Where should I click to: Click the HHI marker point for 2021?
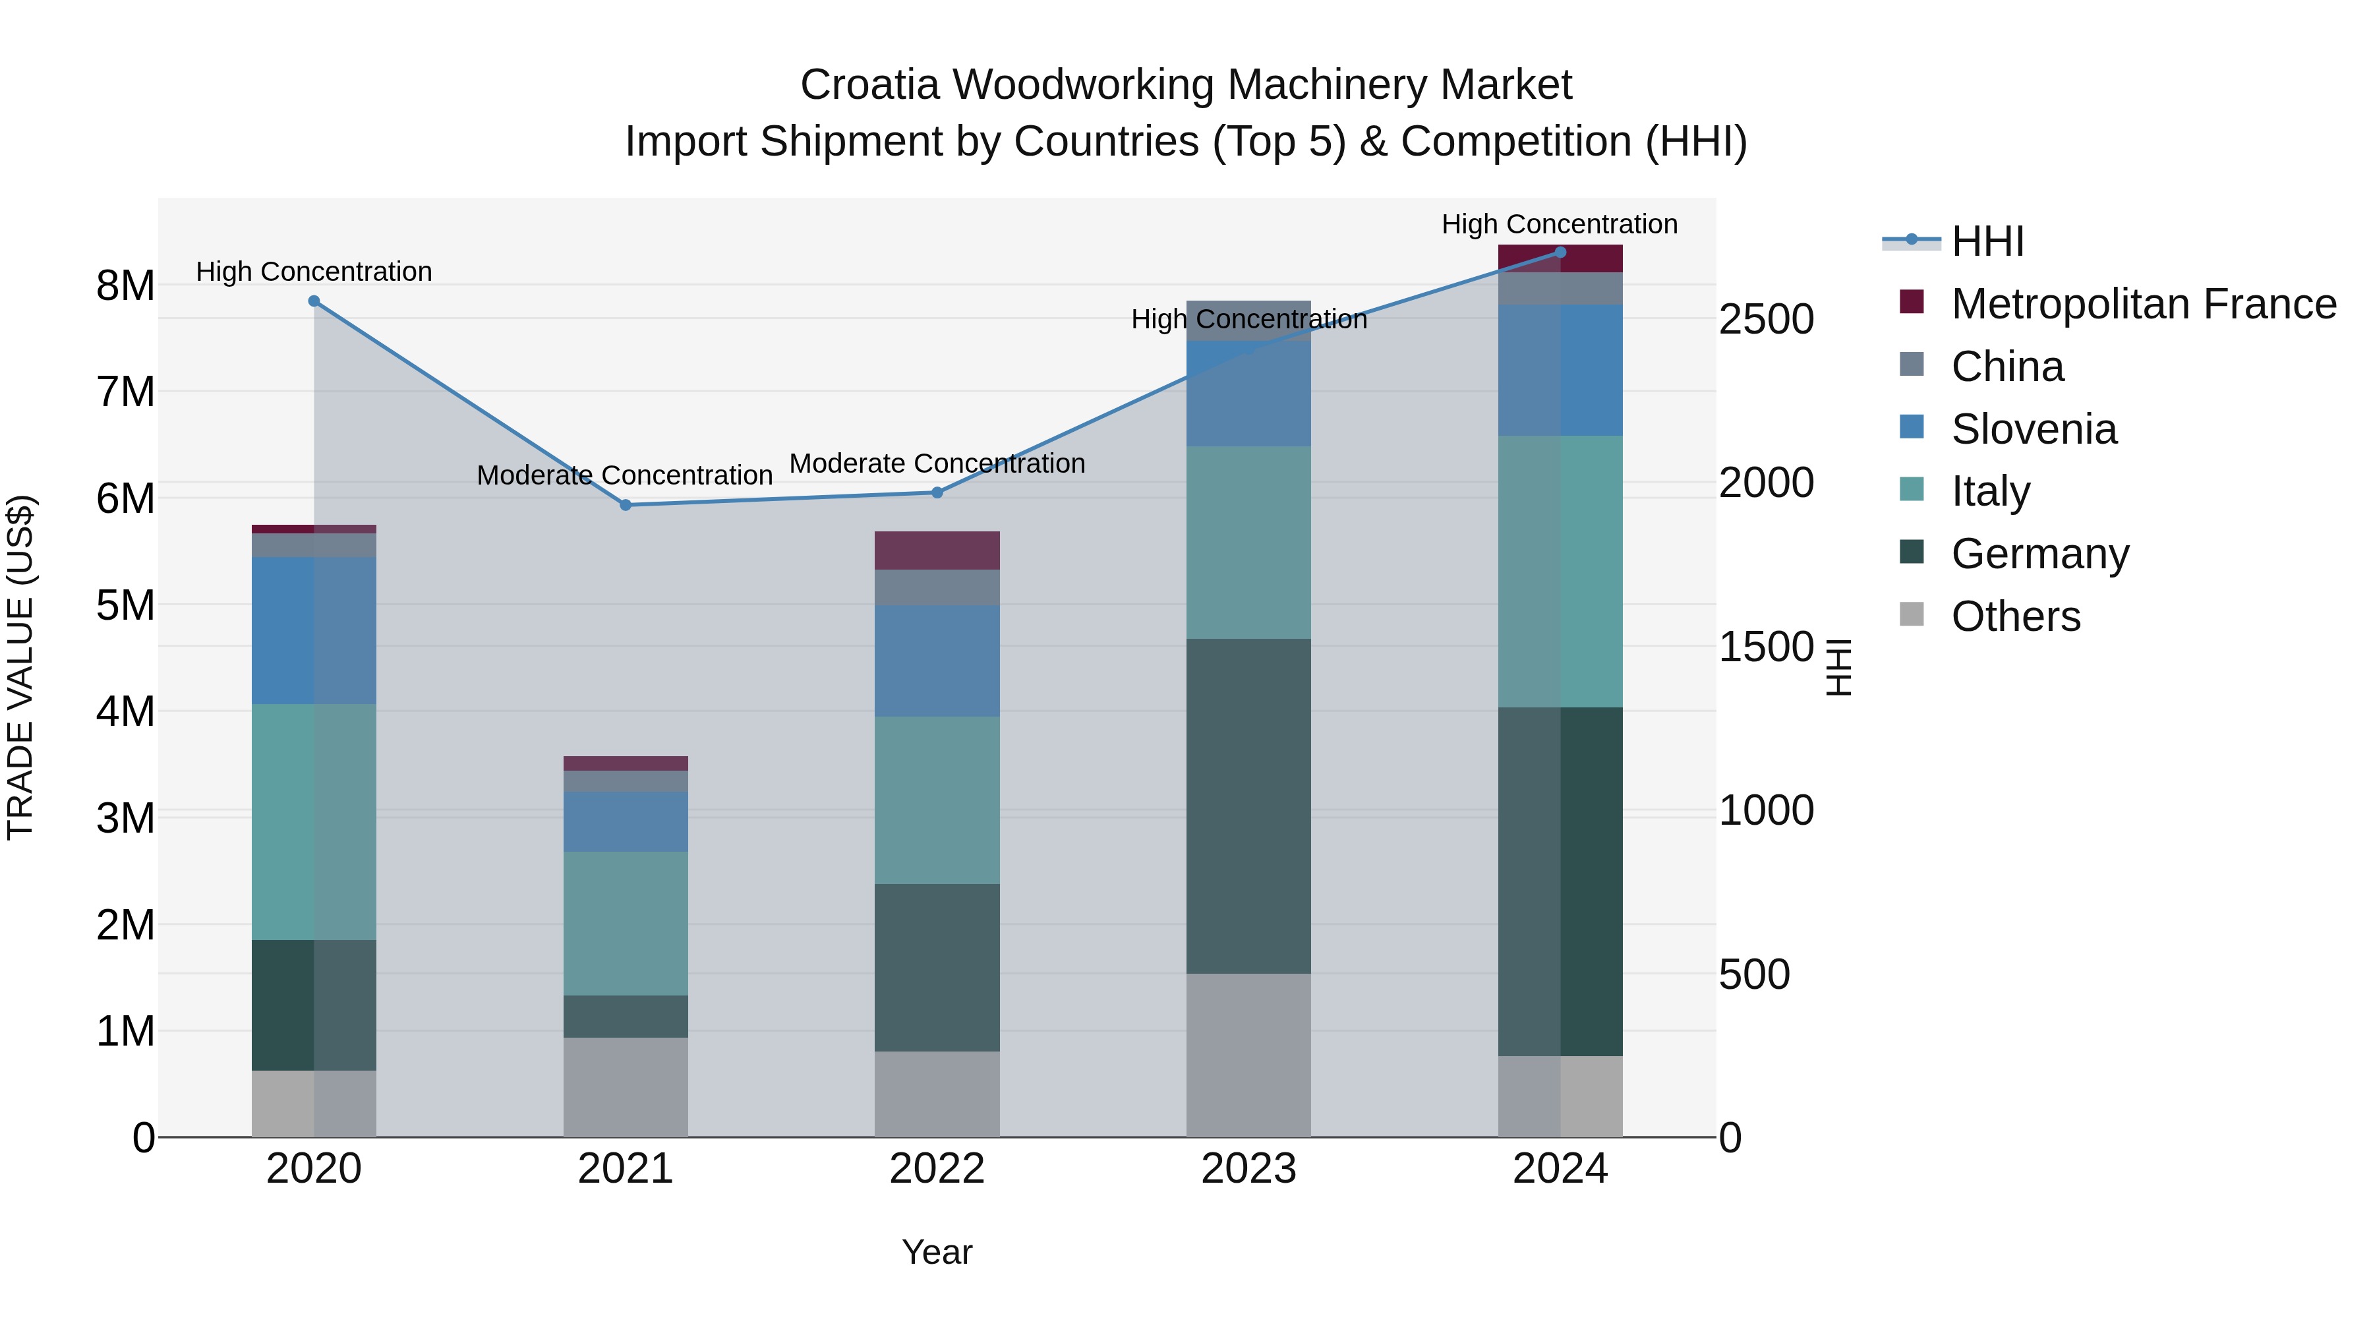[x=626, y=505]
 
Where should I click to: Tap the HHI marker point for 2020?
[x=314, y=301]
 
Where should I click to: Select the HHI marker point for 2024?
[x=1560, y=252]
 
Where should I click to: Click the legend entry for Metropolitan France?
[x=2143, y=304]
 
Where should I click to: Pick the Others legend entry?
[x=2016, y=616]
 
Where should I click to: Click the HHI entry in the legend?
[x=1987, y=241]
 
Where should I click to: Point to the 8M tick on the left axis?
[x=125, y=285]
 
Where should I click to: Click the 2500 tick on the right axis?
[x=1766, y=320]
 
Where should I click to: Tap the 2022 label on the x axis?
[x=937, y=1169]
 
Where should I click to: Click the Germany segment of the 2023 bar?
[x=1248, y=806]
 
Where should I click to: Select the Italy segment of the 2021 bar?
[x=626, y=923]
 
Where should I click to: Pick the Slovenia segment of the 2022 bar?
[x=937, y=661]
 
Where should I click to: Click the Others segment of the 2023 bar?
[x=1248, y=1055]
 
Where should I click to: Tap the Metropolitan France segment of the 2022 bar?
[x=937, y=550]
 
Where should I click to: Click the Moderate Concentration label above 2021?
[x=625, y=475]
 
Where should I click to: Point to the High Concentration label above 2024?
[x=1560, y=224]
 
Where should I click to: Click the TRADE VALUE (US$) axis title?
[x=20, y=667]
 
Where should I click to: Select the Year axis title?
[x=937, y=1252]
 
